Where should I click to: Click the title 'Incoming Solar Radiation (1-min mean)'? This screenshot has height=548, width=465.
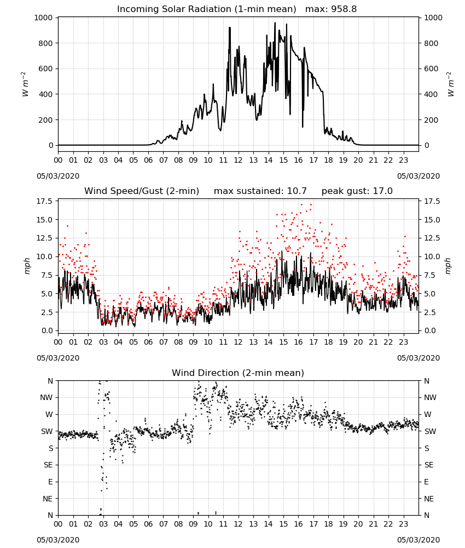pos(206,9)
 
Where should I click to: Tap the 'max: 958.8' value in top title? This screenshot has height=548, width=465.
pos(331,9)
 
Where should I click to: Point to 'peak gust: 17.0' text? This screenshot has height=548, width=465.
pos(357,191)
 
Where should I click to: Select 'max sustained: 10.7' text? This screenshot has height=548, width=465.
pos(260,191)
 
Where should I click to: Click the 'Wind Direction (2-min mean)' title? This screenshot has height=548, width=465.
pos(238,373)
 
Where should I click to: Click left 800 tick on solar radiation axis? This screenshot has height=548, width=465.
pos(46,43)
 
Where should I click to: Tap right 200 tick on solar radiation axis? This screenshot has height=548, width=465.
pos(431,120)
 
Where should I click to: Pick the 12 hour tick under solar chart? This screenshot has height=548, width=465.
pos(239,161)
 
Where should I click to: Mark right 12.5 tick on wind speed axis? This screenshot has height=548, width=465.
pos(432,238)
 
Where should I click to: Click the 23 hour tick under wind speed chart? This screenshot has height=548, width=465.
pos(404,342)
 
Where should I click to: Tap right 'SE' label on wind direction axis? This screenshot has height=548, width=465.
pos(429,465)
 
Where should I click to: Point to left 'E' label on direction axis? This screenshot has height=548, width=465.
pos(50,482)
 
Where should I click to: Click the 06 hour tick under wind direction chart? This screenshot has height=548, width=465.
pos(148,524)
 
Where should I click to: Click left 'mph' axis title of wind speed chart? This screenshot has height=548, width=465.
pos(27,266)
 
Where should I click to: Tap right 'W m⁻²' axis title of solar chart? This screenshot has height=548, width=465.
pos(450,84)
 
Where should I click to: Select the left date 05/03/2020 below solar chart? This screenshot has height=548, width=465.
pos(58,176)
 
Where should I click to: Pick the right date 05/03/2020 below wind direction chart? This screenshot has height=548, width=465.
pos(419,540)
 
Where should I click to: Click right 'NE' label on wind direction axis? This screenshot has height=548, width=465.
pos(429,499)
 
